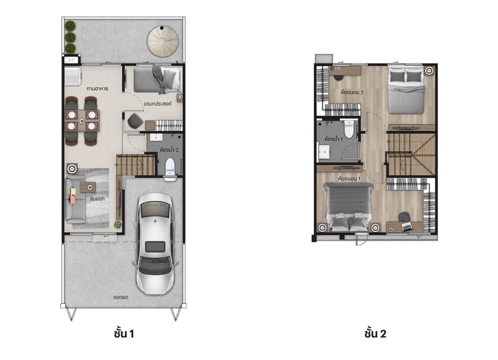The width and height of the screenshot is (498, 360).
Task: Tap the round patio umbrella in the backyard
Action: [x=162, y=41]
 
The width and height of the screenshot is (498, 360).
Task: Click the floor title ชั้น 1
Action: [x=124, y=333]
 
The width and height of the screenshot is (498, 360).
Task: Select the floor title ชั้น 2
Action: [x=375, y=333]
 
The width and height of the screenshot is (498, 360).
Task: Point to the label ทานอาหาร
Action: [x=97, y=89]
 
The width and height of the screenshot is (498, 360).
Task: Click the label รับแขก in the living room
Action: [x=97, y=199]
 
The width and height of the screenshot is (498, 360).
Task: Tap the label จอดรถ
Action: [x=121, y=298]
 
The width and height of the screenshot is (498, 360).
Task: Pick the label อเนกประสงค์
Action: [x=158, y=104]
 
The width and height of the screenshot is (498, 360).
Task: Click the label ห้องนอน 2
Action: [x=352, y=92]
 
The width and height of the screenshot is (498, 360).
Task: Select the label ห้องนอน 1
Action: [x=349, y=178]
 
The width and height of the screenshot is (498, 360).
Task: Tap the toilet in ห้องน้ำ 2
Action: [x=170, y=167]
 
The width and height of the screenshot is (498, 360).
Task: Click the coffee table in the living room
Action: [x=89, y=187]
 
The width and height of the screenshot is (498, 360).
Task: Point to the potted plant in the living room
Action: [x=118, y=225]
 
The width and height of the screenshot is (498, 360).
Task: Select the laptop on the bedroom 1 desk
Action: [x=407, y=227]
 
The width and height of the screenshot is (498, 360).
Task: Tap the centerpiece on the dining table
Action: [x=82, y=121]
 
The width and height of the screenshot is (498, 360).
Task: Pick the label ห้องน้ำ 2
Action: [x=169, y=150]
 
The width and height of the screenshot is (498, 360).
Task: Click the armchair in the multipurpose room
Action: [x=135, y=121]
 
